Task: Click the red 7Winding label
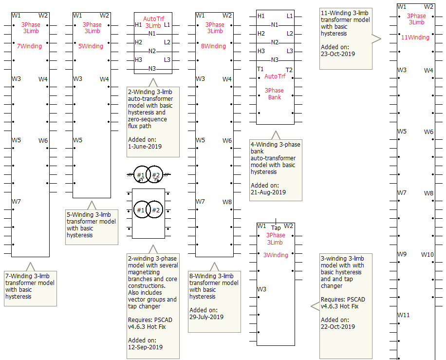point(30,46)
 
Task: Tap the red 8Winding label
point(214,46)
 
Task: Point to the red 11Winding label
point(415,38)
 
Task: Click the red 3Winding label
point(276,255)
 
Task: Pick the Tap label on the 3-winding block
point(276,228)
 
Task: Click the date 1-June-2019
point(145,146)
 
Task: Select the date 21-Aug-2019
point(268,192)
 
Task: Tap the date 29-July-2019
point(206,317)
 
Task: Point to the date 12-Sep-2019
point(145,347)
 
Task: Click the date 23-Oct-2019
point(338,54)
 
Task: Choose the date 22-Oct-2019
point(338,327)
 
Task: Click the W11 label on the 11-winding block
point(404,315)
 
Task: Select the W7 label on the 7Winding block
point(17,202)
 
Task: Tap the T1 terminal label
point(260,70)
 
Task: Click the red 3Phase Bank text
point(274,94)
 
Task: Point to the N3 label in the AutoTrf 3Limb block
point(152,69)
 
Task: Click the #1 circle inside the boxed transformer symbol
point(141,210)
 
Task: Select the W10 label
point(427,255)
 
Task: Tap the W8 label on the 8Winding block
point(227,202)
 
